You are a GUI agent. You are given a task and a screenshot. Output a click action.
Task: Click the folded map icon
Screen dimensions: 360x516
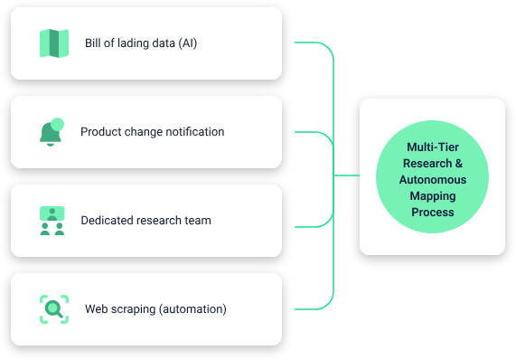click(54, 43)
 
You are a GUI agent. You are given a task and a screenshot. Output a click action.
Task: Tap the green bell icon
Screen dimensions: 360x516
click(51, 133)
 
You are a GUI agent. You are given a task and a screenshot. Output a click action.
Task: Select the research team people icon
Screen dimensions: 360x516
click(52, 221)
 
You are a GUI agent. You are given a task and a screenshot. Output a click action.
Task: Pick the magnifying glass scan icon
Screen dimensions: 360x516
click(54, 309)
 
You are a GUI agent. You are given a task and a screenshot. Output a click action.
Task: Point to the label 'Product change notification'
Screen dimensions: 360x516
click(152, 132)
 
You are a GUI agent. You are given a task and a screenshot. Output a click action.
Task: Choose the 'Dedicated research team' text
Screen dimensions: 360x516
click(145, 221)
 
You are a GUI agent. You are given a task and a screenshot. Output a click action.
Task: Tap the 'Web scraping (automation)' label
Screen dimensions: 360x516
click(155, 309)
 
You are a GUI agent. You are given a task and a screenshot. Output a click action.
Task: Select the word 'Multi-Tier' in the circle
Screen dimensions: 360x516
click(433, 147)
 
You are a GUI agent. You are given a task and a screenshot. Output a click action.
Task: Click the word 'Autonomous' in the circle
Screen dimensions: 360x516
click(433, 180)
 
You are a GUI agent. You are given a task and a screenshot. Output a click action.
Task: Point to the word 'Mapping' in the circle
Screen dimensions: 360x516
click(433, 196)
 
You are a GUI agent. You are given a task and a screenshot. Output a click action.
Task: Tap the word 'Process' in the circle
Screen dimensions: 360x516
click(433, 213)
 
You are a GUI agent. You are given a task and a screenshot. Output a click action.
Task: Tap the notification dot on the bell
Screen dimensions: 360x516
click(58, 124)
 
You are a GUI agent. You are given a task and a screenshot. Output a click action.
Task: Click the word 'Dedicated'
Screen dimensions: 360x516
click(105, 221)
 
